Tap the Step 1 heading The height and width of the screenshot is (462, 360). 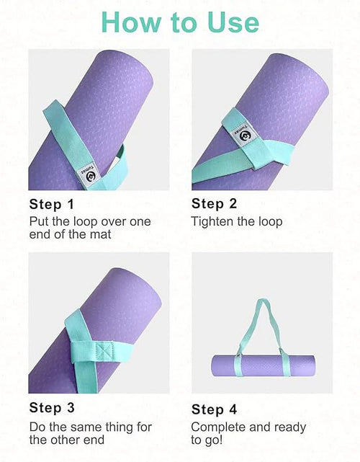51,204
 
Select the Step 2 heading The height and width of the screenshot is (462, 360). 214,204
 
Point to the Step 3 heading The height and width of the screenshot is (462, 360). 51,409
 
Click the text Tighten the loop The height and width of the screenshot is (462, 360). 237,221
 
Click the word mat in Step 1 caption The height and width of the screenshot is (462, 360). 102,234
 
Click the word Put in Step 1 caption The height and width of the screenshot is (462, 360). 39,221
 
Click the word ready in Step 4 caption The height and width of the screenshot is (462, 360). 289,427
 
